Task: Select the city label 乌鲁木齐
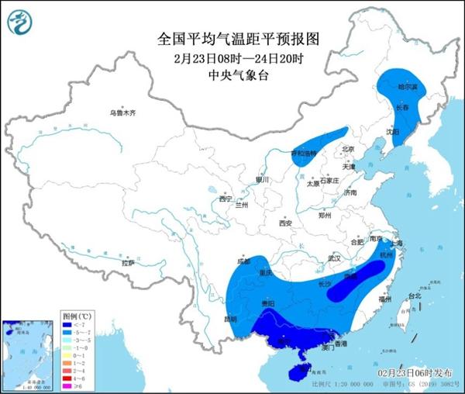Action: coord(122,113)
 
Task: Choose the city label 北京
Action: coord(347,149)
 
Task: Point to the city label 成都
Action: coord(245,261)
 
